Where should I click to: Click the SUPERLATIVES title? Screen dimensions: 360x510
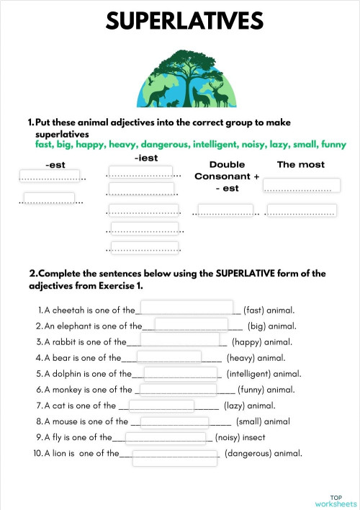(x=184, y=22)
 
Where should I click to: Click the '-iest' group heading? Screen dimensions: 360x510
(x=146, y=158)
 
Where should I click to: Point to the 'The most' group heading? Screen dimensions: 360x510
(x=301, y=165)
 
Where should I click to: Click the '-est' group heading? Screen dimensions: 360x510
(x=55, y=165)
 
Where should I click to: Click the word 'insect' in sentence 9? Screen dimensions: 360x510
(x=253, y=437)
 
